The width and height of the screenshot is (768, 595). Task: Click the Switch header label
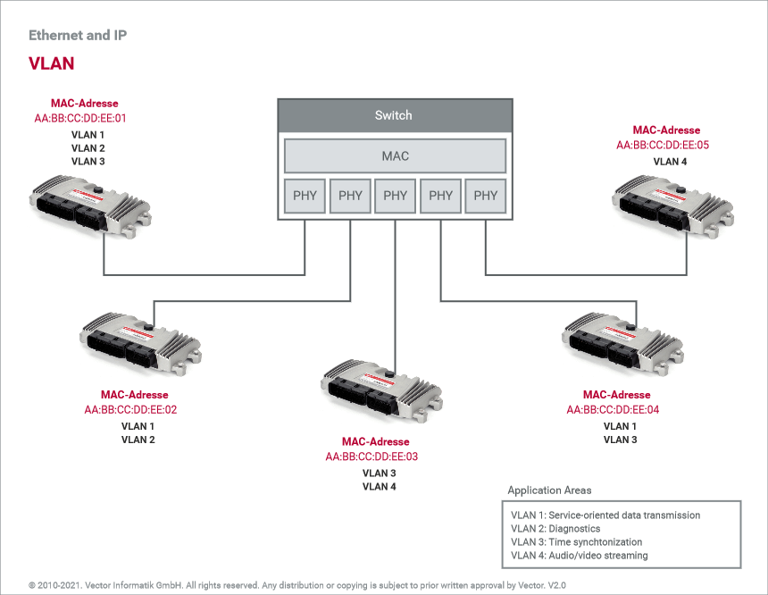[x=393, y=115]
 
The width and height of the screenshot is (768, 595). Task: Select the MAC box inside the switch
[x=396, y=155]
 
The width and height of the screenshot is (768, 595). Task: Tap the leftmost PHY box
[x=305, y=196]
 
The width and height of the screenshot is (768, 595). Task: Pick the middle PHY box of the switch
[x=396, y=196]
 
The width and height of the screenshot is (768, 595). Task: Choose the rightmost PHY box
[x=486, y=196]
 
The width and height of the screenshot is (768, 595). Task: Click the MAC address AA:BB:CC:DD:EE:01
[x=80, y=118]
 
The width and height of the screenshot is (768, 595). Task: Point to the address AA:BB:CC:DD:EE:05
[x=663, y=145]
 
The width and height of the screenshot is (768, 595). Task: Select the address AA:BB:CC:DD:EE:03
[x=371, y=457]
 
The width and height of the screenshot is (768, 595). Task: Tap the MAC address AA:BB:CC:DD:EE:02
[x=130, y=410]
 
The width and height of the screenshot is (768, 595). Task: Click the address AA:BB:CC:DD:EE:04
[x=613, y=410]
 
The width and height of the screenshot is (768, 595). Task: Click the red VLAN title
[x=52, y=63]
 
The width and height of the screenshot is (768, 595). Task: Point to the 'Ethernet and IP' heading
[x=78, y=35]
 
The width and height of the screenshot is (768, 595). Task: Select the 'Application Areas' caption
[x=549, y=490]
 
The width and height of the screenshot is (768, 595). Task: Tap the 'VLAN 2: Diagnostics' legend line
[x=555, y=529]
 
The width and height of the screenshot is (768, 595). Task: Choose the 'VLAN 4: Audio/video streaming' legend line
[x=580, y=556]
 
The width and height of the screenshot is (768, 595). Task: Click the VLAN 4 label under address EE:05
[x=670, y=162]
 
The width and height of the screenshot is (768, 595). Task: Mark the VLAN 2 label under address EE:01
[x=88, y=148]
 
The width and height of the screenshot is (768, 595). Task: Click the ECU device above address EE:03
[x=381, y=390]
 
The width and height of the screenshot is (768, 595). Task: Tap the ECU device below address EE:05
[x=672, y=206]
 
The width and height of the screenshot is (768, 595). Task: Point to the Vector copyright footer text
[x=297, y=585]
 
